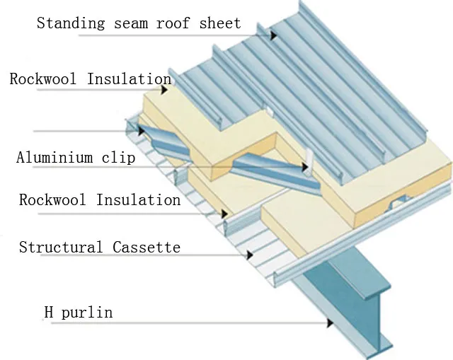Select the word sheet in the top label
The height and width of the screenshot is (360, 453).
(x=219, y=23)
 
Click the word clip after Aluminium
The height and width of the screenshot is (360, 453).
(x=119, y=157)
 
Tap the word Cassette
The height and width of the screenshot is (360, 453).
(x=147, y=248)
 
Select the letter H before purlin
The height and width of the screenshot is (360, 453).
(x=49, y=311)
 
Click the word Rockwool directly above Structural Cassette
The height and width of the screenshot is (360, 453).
(x=54, y=200)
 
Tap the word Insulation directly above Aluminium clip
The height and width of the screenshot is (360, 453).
(x=129, y=79)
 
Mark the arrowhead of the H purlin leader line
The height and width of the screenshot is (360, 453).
(x=330, y=323)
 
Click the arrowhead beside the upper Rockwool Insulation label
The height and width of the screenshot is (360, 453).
(x=164, y=90)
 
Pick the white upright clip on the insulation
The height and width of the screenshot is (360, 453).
(x=309, y=162)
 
